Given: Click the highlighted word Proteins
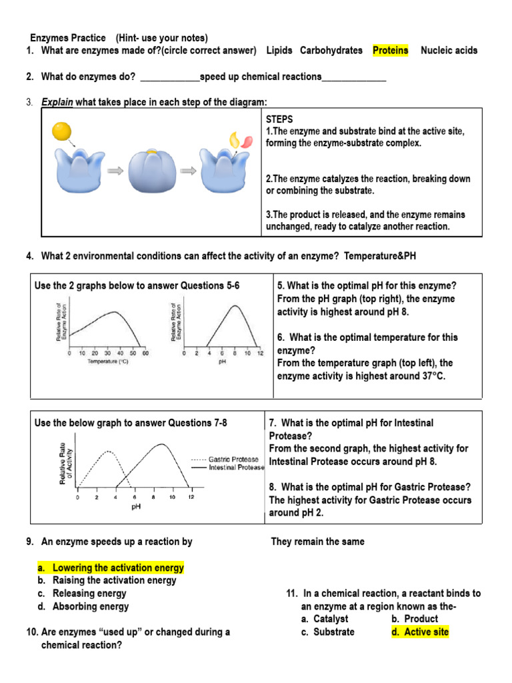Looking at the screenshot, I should pyautogui.click(x=390, y=51).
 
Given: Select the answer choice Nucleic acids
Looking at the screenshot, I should pyautogui.click(x=449, y=51).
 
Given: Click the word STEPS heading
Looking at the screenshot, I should pyautogui.click(x=279, y=118).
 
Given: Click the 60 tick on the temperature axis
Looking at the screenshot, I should pyautogui.click(x=145, y=354).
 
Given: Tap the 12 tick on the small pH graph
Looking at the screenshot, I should pyautogui.click(x=260, y=354).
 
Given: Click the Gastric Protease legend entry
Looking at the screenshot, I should pyautogui.click(x=234, y=460).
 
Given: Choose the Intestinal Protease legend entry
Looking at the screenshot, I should pyautogui.click(x=237, y=468).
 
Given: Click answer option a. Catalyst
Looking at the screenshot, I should pyautogui.click(x=324, y=619).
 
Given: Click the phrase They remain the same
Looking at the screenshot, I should pyautogui.click(x=317, y=542).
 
